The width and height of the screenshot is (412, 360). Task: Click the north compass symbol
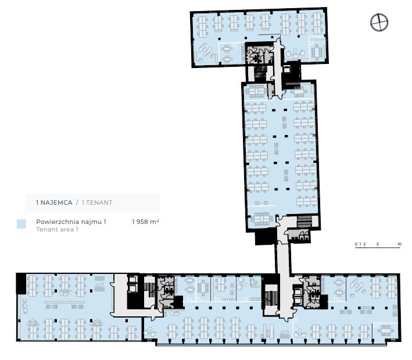[379, 22]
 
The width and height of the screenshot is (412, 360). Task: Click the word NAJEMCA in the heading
[56, 202]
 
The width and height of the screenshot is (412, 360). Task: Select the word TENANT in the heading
[99, 202]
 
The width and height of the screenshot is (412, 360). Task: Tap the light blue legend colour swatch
[22, 224]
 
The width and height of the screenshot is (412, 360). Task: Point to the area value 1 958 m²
[145, 222]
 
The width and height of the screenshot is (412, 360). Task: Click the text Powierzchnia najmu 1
[71, 222]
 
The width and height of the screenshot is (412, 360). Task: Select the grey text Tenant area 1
[57, 229]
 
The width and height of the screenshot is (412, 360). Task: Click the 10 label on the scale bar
[399, 244]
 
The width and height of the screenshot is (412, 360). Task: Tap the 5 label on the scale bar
[378, 244]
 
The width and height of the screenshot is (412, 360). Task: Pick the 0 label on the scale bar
[356, 244]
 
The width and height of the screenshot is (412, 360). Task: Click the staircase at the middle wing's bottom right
[304, 222]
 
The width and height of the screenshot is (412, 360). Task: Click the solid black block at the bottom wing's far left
[21, 283]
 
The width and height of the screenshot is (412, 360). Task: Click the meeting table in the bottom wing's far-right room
[385, 331]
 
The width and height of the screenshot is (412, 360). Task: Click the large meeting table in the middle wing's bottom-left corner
[261, 219]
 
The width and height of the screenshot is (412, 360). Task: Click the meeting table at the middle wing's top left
[256, 91]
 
